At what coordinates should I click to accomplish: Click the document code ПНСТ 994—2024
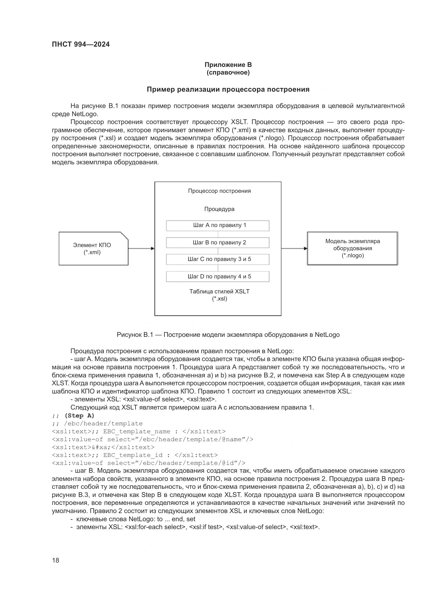81,44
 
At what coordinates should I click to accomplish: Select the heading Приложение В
228,65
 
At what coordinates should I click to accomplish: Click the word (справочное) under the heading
228,73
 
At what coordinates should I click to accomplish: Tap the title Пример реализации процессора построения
228,89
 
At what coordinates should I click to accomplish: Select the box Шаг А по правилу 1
217,226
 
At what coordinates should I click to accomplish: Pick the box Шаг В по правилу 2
217,243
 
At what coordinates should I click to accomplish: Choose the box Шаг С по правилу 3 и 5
217,259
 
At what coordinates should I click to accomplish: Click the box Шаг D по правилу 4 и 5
217,277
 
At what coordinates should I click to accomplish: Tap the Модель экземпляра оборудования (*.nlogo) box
352,248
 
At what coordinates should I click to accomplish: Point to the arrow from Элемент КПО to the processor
141,248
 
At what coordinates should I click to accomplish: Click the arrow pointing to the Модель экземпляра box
294,248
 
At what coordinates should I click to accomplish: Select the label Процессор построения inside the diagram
219,191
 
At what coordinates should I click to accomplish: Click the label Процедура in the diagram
219,209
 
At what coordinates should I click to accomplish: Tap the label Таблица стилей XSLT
219,292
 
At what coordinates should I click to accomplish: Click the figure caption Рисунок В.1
228,335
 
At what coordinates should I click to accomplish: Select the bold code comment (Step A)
79,416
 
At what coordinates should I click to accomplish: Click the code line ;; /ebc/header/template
97,424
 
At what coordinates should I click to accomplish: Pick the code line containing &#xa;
103,447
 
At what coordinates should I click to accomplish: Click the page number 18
56,560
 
